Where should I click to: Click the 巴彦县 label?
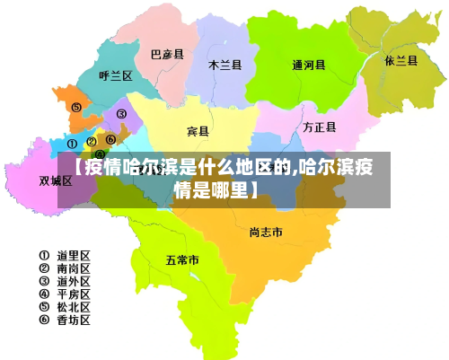166,55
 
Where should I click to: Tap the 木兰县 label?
225,65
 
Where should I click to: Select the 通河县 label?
309,65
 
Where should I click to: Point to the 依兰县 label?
401,61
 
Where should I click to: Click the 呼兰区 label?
116,76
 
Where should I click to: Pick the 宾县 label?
198,132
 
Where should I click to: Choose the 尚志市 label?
266,233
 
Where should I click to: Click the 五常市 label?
182,260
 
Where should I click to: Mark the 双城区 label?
56,180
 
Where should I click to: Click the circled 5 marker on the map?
76,107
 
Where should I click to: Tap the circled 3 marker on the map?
120,114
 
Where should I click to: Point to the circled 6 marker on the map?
110,139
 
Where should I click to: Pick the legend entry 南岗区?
65,268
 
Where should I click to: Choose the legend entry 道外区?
65,281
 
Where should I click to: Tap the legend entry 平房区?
65,294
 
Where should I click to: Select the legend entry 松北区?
65,306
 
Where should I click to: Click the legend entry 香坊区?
65,319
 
